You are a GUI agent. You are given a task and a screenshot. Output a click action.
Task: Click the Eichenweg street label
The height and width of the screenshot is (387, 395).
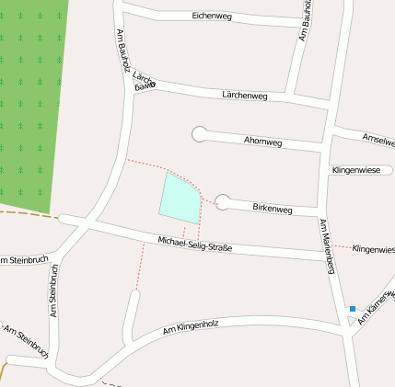click(x=211, y=17)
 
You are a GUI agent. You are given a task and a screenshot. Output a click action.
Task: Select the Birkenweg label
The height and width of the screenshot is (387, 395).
click(x=272, y=210)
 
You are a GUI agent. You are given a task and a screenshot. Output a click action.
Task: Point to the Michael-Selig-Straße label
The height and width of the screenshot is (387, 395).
click(x=194, y=245)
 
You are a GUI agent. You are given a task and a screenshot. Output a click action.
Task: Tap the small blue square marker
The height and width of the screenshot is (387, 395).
click(x=352, y=309)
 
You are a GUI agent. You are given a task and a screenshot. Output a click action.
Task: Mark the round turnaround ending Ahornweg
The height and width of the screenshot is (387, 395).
click(x=199, y=134)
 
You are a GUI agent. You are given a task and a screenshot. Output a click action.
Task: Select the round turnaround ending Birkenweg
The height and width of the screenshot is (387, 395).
click(x=223, y=202)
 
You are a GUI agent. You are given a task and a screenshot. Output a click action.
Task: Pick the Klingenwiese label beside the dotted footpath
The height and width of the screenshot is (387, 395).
click(x=373, y=249)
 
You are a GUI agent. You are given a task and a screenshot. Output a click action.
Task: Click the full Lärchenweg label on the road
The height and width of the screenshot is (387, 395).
click(x=244, y=95)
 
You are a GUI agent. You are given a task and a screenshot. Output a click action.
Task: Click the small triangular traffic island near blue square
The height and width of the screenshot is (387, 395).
click(x=351, y=320)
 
